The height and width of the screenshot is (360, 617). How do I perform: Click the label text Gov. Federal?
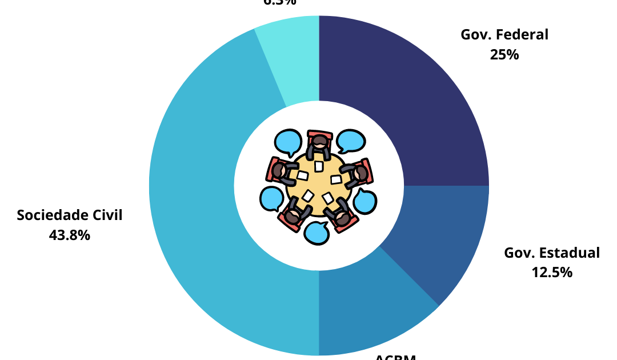point(504,34)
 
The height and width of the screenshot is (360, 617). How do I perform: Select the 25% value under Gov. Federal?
point(504,55)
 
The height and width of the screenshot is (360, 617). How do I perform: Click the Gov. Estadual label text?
point(552,253)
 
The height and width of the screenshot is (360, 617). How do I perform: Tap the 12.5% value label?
point(552,273)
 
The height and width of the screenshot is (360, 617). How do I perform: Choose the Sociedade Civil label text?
point(70,215)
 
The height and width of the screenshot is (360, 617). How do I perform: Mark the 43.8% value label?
point(70,235)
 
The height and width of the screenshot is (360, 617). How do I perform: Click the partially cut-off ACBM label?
point(395,357)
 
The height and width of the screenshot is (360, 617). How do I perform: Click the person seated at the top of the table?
point(319,144)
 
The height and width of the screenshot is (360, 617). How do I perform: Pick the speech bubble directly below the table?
point(316,233)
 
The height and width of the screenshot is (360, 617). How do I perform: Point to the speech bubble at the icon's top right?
point(351,140)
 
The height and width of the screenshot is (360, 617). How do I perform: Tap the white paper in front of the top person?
point(319,166)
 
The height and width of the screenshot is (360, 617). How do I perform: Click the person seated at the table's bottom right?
point(341,216)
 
